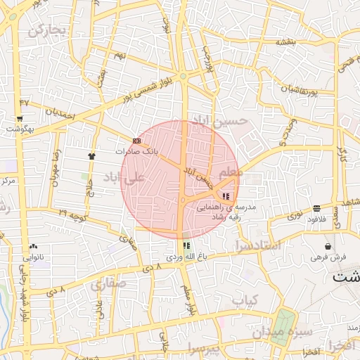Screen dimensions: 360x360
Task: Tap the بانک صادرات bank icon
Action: pyautogui.click(x=136, y=141)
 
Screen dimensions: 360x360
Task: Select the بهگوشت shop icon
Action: pyautogui.click(x=20, y=119)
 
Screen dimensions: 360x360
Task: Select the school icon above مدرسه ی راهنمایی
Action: pyautogui.click(x=226, y=196)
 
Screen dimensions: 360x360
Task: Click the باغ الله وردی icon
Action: pyautogui.click(x=186, y=245)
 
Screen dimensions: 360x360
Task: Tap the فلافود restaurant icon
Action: pyautogui.click(x=317, y=208)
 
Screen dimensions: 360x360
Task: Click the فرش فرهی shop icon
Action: pyautogui.click(x=328, y=246)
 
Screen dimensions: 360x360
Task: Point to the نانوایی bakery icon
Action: pyautogui.click(x=34, y=246)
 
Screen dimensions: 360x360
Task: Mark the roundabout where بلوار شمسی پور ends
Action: pyautogui.click(x=183, y=76)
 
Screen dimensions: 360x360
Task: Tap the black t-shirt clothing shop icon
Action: pyautogui.click(x=91, y=155)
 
